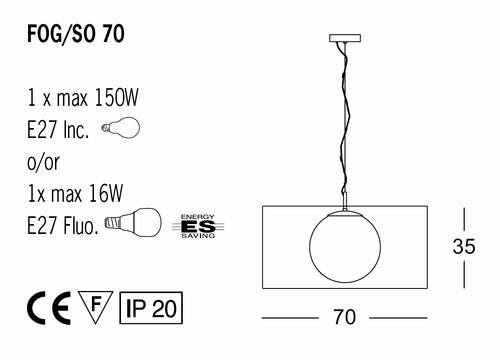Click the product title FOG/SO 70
(x=76, y=34)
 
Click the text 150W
(x=116, y=97)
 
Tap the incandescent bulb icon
(x=121, y=127)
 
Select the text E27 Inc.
(x=58, y=129)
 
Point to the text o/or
(x=43, y=162)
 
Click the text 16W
(x=106, y=193)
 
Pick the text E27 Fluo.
(x=63, y=225)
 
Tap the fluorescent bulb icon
(x=133, y=222)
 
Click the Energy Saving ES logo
(x=198, y=227)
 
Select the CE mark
(x=49, y=307)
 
